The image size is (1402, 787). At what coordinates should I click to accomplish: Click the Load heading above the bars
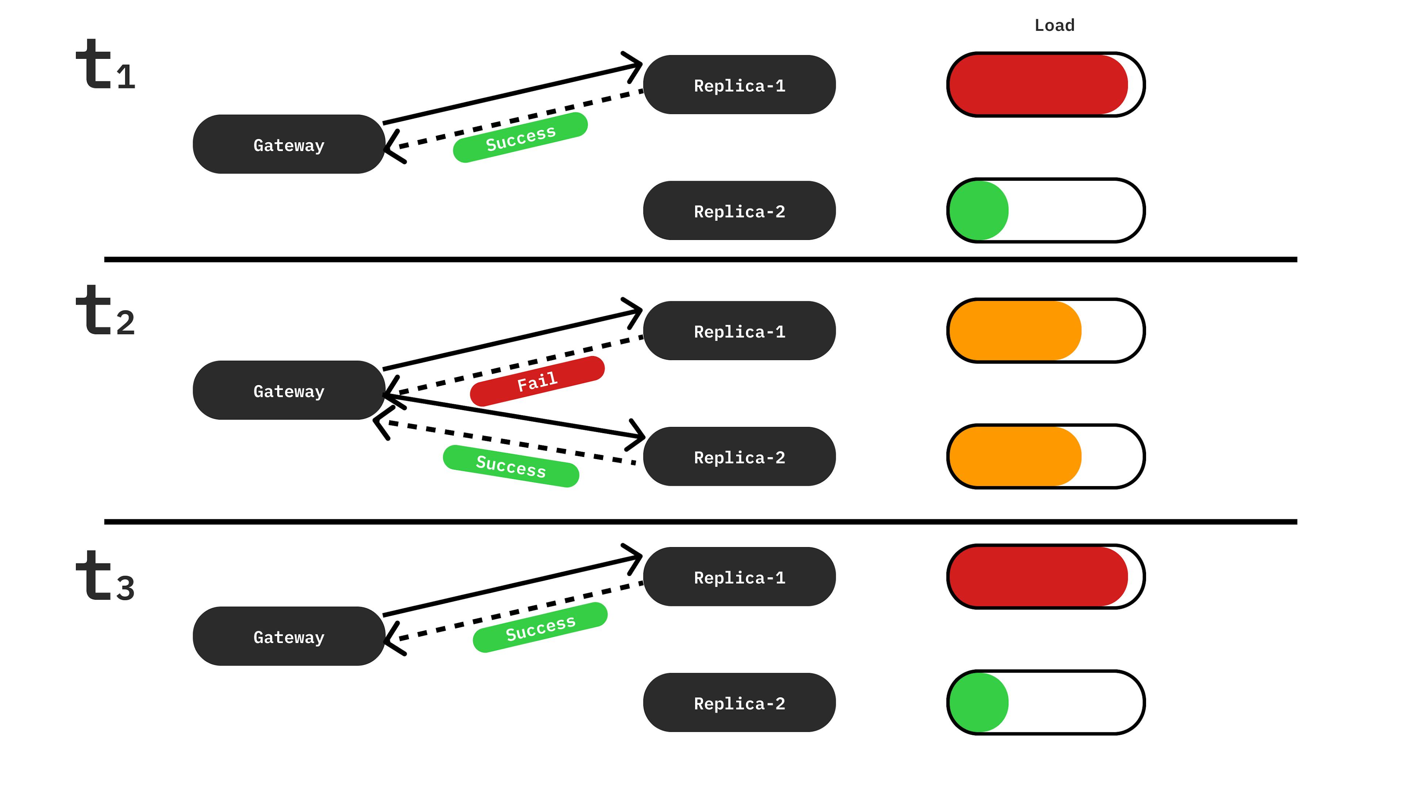click(x=1054, y=26)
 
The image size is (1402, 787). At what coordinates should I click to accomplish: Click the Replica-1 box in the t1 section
click(x=739, y=85)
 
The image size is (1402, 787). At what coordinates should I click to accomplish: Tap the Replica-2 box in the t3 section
click(x=739, y=703)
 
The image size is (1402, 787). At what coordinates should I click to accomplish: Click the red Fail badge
click(x=537, y=381)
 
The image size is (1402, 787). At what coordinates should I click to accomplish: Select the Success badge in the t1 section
click(x=520, y=137)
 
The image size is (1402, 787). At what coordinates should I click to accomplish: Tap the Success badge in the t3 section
click(x=540, y=627)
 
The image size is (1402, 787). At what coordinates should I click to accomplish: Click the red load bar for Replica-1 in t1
click(x=1037, y=85)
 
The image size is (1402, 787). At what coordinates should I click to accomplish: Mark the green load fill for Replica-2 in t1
click(x=978, y=211)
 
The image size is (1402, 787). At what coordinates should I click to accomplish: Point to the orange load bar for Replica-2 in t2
click(x=1015, y=456)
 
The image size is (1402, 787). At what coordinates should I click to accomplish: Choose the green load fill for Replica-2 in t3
click(x=978, y=703)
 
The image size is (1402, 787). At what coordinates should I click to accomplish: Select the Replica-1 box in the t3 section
click(x=739, y=577)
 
